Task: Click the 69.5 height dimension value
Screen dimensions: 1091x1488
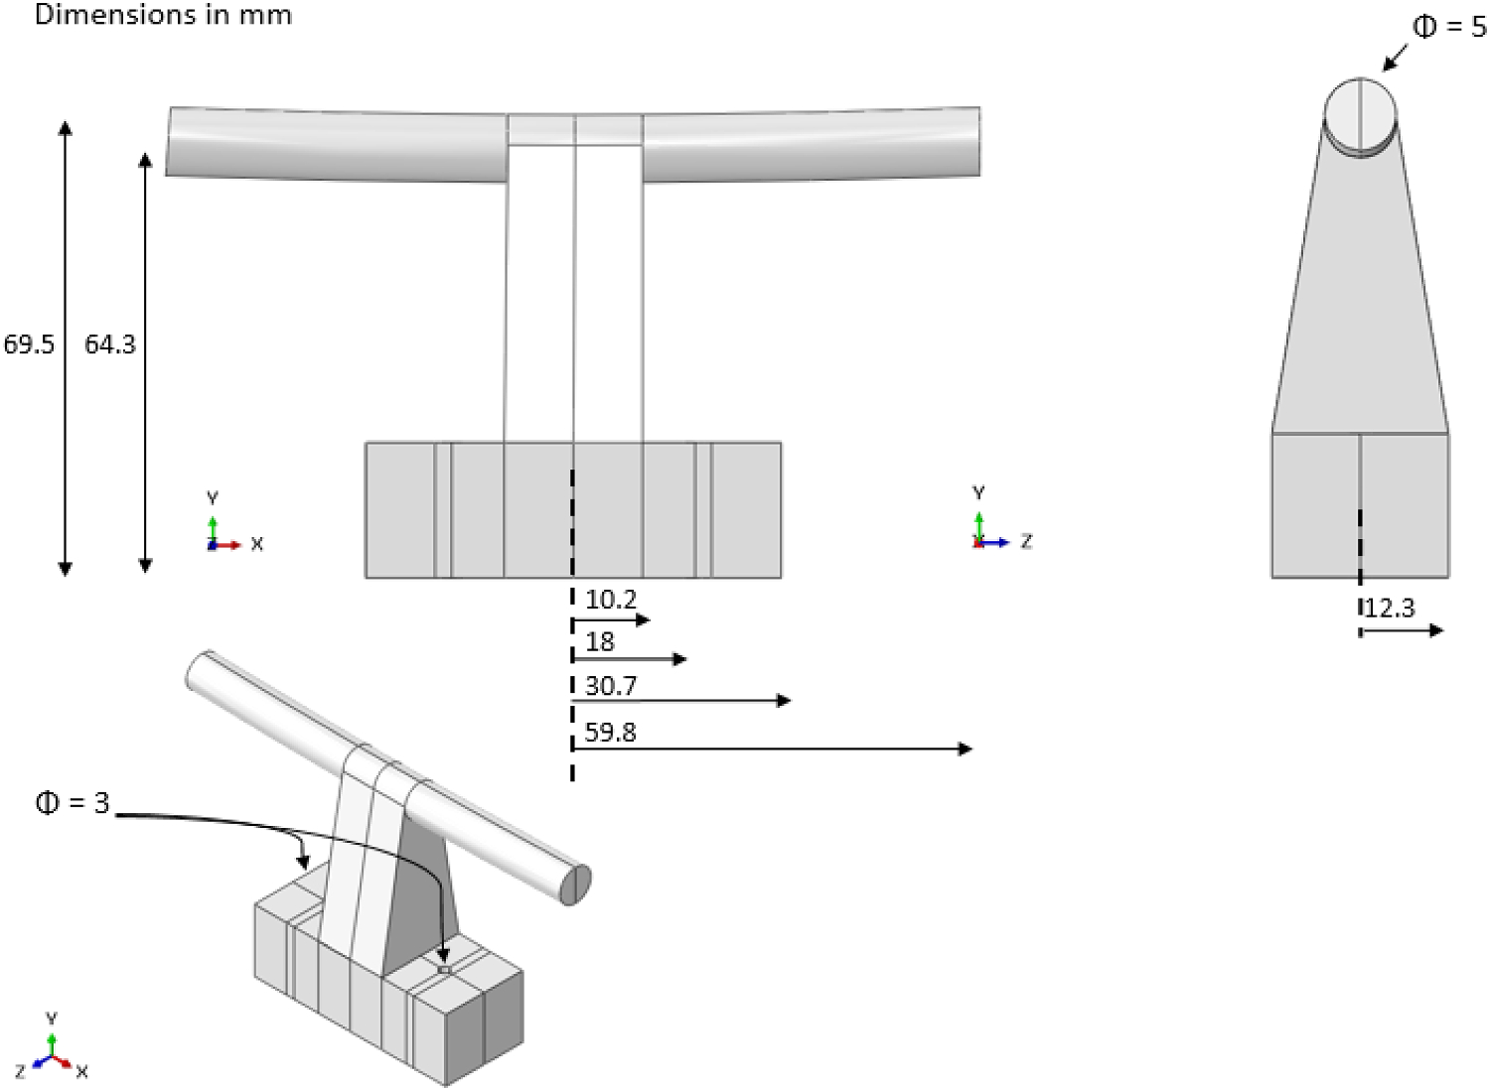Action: (29, 344)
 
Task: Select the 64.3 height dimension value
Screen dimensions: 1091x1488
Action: (109, 344)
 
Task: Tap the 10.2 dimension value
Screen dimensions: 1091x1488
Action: (610, 600)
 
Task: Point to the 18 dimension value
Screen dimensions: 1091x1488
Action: (600, 642)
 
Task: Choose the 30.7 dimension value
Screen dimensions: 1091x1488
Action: (610, 686)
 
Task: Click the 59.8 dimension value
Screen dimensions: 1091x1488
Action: (610, 733)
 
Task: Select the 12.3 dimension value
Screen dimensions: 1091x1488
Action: (1389, 608)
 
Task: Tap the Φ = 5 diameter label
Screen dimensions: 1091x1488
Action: (1449, 27)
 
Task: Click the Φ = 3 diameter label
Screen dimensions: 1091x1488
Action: (72, 803)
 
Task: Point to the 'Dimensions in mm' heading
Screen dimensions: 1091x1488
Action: (163, 15)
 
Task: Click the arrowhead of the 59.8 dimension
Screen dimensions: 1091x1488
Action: (966, 749)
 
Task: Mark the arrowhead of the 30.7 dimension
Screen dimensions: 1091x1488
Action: (785, 701)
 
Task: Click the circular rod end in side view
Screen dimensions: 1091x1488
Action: (1360, 112)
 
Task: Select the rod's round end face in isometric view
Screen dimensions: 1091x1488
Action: (576, 885)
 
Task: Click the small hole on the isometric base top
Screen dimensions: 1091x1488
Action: (444, 970)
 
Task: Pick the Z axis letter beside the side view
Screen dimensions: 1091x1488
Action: (1026, 541)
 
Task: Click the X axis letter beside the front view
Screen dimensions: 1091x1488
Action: (257, 544)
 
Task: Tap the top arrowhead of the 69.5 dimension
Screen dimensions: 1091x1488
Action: (66, 128)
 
